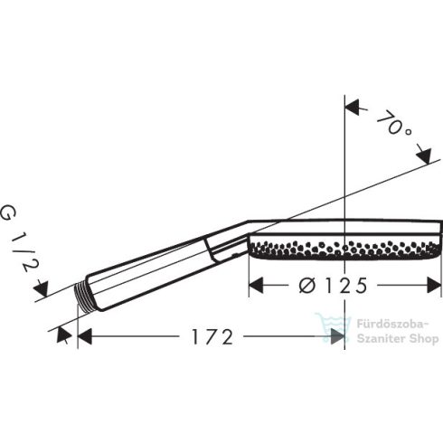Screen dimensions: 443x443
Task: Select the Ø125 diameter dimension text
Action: coord(333,285)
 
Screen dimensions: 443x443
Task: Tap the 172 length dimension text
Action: coord(212,336)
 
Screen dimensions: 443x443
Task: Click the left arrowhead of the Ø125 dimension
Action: coord(256,285)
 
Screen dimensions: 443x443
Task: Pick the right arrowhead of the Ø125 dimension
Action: coord(434,285)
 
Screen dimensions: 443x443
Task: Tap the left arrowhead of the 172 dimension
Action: coord(85,336)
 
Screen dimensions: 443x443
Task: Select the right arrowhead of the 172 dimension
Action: coord(337,336)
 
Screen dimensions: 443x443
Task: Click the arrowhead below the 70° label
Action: coord(424,156)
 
